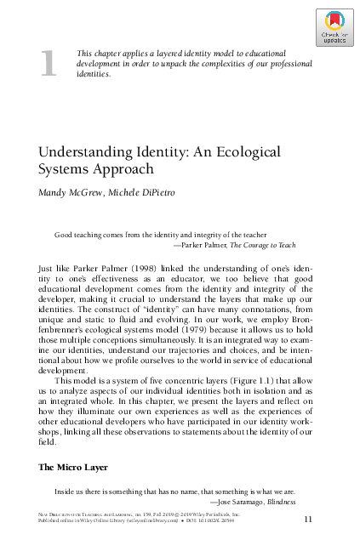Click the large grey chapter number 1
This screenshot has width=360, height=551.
click(49, 65)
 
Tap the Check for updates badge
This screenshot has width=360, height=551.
click(334, 28)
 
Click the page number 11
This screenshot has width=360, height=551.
click(309, 517)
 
